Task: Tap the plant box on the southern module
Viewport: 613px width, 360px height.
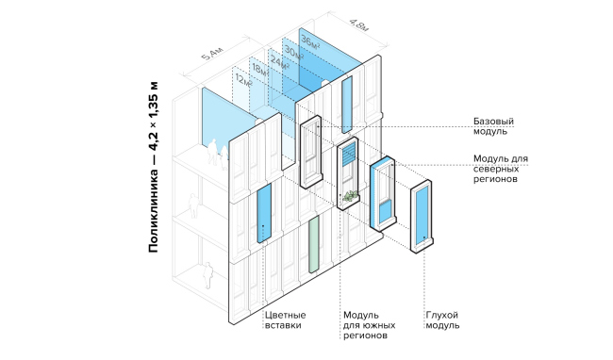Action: click(x=350, y=196)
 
